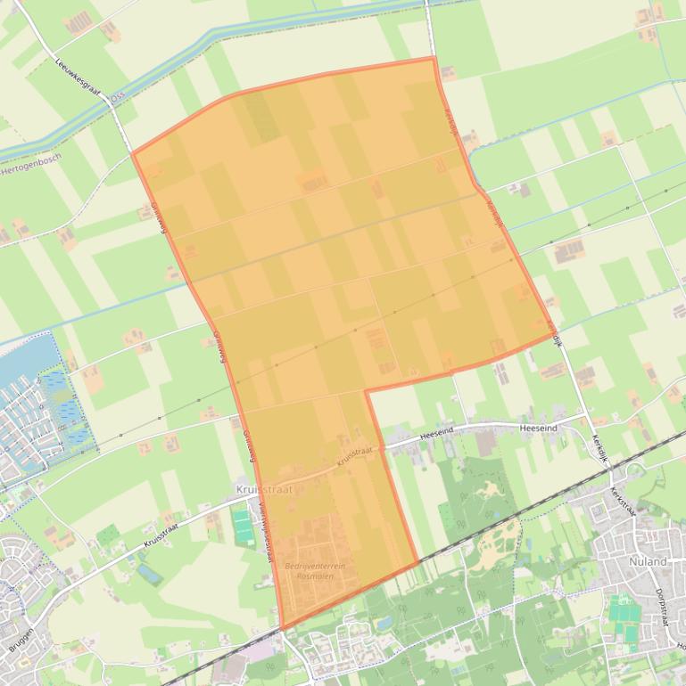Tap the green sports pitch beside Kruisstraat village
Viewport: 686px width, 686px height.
click(244, 525)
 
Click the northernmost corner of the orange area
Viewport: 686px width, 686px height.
click(434, 58)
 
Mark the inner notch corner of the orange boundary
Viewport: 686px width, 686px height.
click(366, 390)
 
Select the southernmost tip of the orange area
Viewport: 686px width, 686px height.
click(282, 630)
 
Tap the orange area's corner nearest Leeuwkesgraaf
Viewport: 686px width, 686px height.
click(133, 153)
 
